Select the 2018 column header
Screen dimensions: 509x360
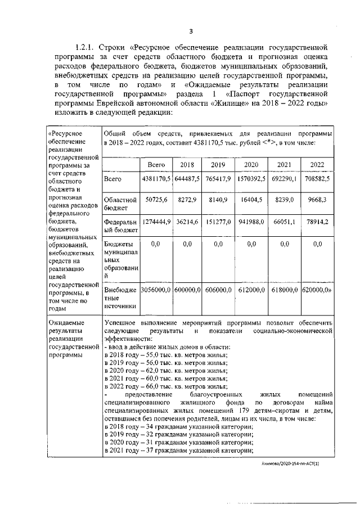pyautogui.click(x=186, y=164)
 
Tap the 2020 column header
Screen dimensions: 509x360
pyautogui.click(x=251, y=164)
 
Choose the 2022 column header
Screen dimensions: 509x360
pyautogui.click(x=317, y=164)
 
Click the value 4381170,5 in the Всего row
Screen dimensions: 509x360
pyautogui.click(x=156, y=178)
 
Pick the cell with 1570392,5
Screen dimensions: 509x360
pyautogui.click(x=251, y=178)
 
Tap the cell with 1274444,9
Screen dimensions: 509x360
pyautogui.click(x=156, y=222)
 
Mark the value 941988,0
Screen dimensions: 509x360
pyautogui.click(x=251, y=222)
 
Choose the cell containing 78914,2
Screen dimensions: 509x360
pyautogui.click(x=317, y=222)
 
